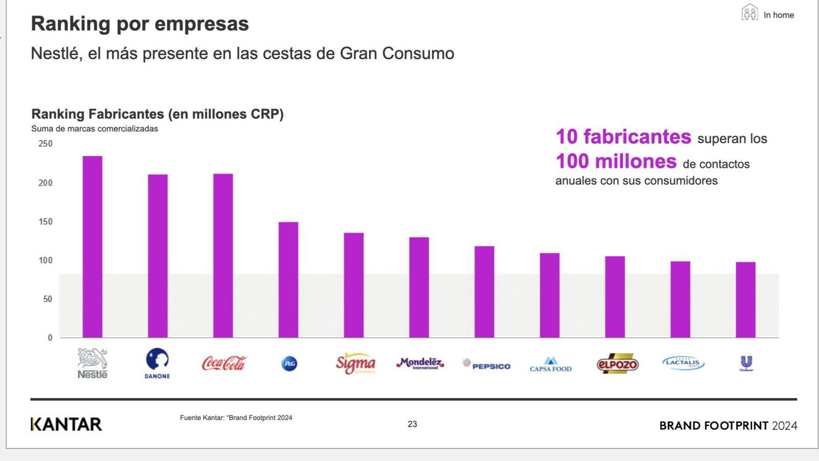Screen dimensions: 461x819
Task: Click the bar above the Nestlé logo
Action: click(93, 246)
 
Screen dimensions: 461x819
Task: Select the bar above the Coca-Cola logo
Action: click(223, 256)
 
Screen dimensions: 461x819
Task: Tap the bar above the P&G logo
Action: click(288, 280)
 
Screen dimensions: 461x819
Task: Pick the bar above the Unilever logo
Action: click(745, 300)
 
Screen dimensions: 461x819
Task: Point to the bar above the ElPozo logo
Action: click(615, 297)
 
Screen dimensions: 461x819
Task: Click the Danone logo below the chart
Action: click(157, 363)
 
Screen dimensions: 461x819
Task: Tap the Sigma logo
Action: click(355, 363)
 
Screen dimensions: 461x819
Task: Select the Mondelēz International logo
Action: click(420, 363)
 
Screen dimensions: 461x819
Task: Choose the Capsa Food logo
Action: click(551, 365)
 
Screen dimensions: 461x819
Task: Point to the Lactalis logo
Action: click(683, 363)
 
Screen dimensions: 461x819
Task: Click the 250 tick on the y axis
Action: click(46, 144)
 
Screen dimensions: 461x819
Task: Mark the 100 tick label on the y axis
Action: click(46, 260)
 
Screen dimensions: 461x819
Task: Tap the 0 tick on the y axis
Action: click(50, 338)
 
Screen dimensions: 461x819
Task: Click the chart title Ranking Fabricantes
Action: click(157, 114)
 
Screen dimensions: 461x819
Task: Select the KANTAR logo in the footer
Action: click(67, 424)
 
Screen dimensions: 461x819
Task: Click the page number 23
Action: click(412, 424)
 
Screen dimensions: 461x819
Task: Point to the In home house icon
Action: click(749, 12)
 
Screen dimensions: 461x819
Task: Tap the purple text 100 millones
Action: click(616, 161)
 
